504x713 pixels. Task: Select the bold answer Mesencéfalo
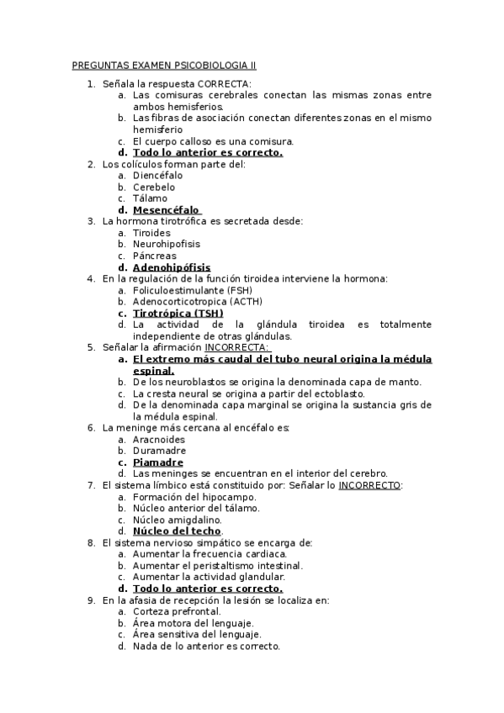(167, 210)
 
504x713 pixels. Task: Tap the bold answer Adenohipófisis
(172, 267)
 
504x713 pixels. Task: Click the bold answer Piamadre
(158, 462)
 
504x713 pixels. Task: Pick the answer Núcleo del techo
(177, 531)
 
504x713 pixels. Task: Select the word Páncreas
(155, 256)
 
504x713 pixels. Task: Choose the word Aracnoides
(159, 439)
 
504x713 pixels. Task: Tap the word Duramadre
(159, 451)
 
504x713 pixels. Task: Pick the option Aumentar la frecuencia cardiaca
(210, 554)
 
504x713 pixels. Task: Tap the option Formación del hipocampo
(185, 497)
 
